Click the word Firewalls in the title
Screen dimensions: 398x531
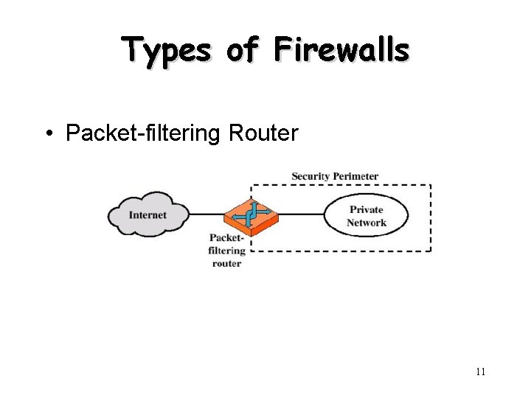341,50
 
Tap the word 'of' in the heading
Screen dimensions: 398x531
243,50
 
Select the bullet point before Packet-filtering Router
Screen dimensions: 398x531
48,133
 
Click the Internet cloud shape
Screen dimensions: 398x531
148,214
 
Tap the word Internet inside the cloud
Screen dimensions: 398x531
148,215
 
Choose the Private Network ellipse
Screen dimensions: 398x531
367,215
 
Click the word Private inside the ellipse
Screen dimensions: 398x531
367,209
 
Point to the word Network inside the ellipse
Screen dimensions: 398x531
367,223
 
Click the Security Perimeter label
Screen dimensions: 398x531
335,176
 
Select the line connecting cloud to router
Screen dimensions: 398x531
206,215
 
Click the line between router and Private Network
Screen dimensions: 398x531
302,215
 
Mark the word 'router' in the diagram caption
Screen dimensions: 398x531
226,263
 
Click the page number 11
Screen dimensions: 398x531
480,371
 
